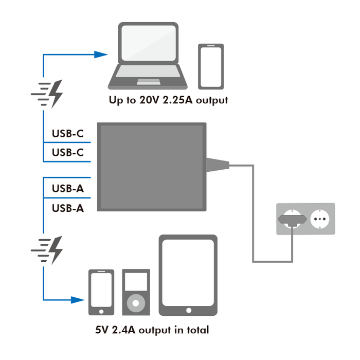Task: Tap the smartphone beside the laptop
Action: (211, 66)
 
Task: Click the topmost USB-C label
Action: (67, 134)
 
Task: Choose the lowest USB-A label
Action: (67, 208)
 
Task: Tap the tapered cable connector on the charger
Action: (218, 165)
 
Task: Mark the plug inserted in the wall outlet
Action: (291, 219)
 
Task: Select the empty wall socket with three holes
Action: (320, 219)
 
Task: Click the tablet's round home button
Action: (188, 310)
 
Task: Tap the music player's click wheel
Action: (136, 302)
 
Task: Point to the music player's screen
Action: (136, 282)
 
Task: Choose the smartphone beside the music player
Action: (101, 292)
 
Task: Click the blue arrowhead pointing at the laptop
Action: (103, 53)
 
